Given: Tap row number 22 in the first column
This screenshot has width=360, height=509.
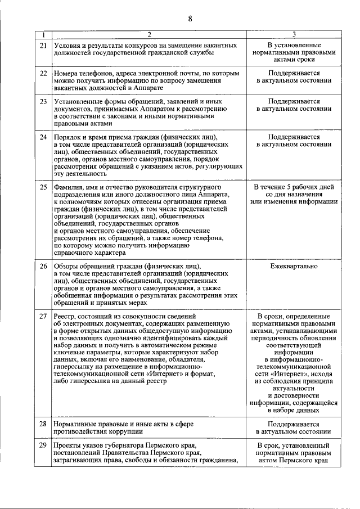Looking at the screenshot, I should click(43, 73).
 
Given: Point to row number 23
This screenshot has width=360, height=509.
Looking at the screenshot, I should click(43, 102).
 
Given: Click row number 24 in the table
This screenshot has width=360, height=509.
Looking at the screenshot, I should click(43, 137).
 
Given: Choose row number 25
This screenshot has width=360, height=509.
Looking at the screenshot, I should click(43, 187).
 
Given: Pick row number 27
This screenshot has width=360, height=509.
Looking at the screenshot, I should click(43, 316).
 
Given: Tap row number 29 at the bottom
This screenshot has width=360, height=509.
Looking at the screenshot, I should click(43, 445).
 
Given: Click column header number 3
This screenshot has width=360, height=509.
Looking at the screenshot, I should click(294, 34).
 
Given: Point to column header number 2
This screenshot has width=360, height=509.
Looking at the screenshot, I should click(149, 34).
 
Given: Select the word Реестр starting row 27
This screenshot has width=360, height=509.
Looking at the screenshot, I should click(65, 316).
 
